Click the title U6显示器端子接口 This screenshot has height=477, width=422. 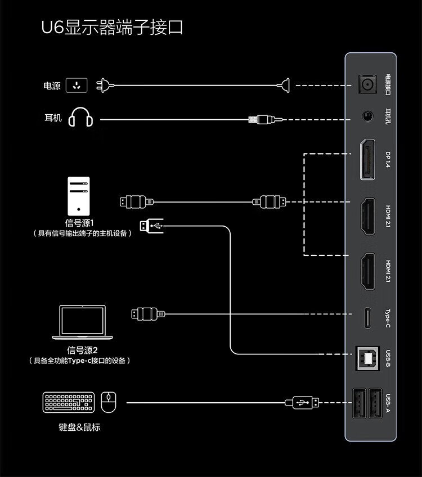[x=113, y=28]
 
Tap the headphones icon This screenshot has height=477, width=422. [x=80, y=119]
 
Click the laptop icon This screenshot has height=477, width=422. [x=82, y=322]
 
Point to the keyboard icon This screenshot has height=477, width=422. [x=68, y=403]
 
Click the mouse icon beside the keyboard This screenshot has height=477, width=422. [x=108, y=402]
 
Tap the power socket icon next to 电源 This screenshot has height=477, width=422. [x=77, y=85]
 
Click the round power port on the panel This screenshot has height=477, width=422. [x=368, y=85]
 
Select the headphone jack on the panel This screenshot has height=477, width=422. [x=368, y=118]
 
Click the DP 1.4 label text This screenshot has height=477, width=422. [x=388, y=159]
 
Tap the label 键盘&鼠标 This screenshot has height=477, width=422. [x=79, y=427]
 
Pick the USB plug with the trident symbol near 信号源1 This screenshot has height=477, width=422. [x=152, y=226]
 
